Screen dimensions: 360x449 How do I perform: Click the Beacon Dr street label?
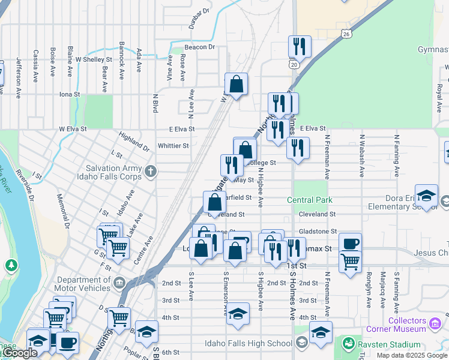(200, 47)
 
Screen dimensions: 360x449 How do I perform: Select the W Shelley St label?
(94, 59)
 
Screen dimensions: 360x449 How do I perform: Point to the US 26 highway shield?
(346, 34)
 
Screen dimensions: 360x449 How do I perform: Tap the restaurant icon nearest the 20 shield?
(299, 46)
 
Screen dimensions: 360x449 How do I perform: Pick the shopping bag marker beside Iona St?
(237, 84)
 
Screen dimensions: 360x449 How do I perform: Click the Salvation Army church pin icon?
(151, 172)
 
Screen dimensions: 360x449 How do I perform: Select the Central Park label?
(309, 200)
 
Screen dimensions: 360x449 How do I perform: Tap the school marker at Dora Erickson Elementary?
(426, 196)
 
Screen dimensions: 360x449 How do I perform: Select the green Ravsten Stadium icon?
(348, 344)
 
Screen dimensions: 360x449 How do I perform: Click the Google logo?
(19, 353)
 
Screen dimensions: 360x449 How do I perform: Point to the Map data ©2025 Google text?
(412, 355)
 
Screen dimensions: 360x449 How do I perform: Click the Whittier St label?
(173, 146)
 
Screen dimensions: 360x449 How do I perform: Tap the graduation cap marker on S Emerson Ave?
(238, 314)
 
